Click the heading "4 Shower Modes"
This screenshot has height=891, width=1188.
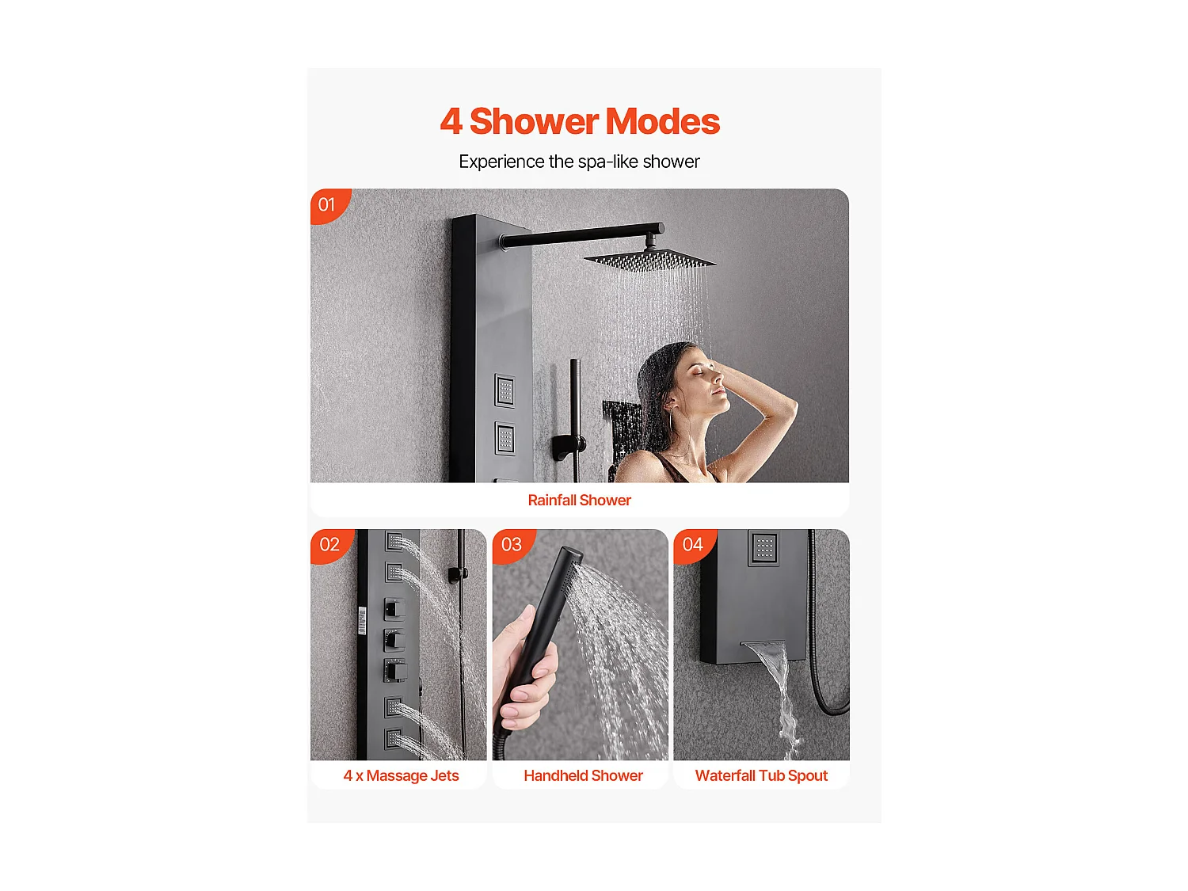tap(579, 121)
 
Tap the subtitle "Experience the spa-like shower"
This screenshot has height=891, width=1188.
tap(579, 162)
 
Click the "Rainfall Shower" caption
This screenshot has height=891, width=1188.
tap(579, 501)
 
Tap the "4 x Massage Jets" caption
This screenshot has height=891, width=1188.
tap(401, 776)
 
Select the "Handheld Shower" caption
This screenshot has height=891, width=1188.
tap(583, 776)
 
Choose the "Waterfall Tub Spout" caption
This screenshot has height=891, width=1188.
tap(761, 776)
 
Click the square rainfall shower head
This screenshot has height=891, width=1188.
tap(650, 261)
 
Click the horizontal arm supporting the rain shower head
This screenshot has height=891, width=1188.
tap(582, 235)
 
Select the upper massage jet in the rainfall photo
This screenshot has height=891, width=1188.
tap(505, 390)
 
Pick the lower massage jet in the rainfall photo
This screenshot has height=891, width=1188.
tap(505, 438)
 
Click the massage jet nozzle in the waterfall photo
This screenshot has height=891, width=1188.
tap(763, 548)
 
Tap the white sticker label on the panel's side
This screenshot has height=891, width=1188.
tap(362, 620)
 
